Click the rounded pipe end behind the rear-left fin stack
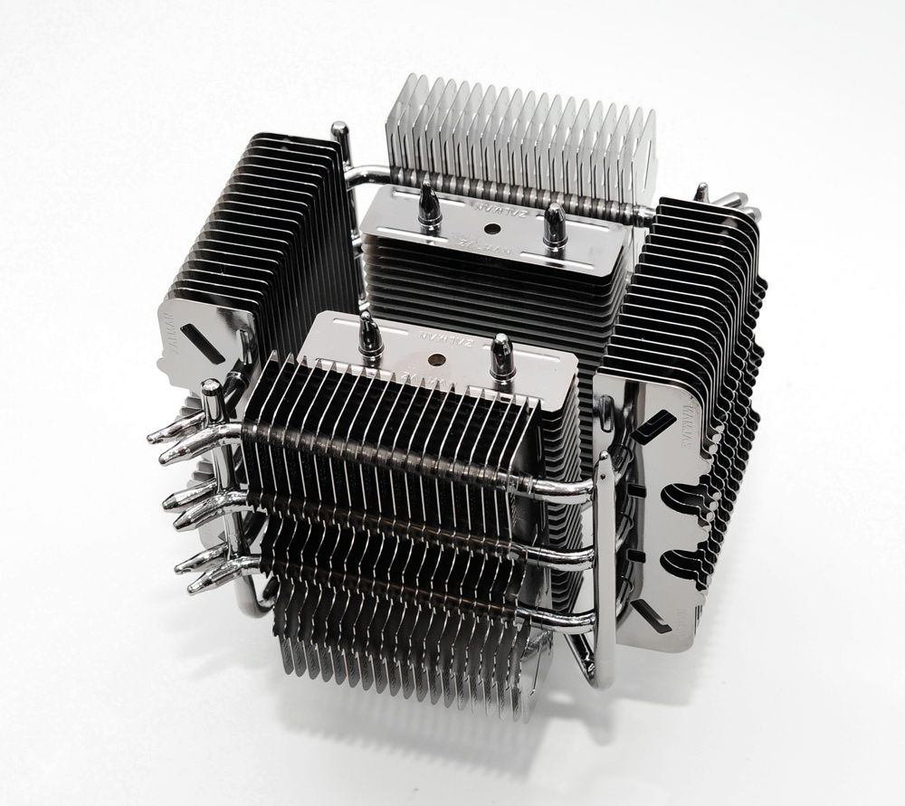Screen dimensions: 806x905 pos(340,134)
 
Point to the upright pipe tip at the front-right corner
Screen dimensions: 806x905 pos(604,461)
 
